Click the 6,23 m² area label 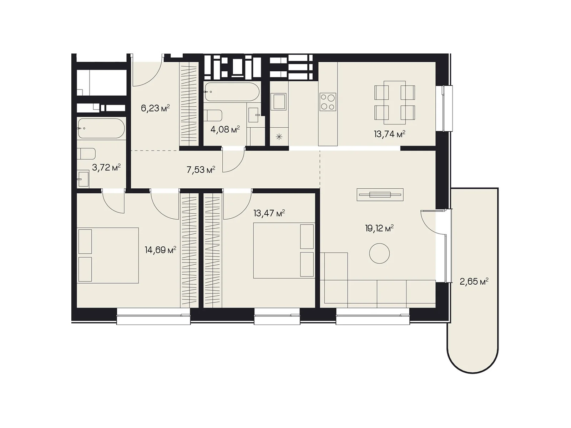click(x=155, y=108)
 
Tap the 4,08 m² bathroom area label click(x=225, y=129)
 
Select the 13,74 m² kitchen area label click(x=389, y=134)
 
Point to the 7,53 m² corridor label click(x=201, y=170)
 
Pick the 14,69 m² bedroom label click(x=161, y=250)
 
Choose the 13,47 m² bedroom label click(x=269, y=213)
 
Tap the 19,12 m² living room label click(x=379, y=229)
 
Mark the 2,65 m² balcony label click(x=474, y=282)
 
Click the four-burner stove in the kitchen click(x=328, y=102)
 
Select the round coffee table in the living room click(x=379, y=253)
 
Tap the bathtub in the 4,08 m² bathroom click(x=232, y=92)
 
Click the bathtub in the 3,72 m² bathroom click(x=101, y=128)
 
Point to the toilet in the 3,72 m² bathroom click(x=86, y=154)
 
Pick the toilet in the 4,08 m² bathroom click(x=213, y=116)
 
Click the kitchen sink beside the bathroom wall click(x=278, y=102)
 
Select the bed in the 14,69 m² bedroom click(x=108, y=255)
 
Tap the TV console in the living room click(x=380, y=195)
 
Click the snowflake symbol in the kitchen click(x=279, y=137)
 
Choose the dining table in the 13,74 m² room click(x=395, y=103)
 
